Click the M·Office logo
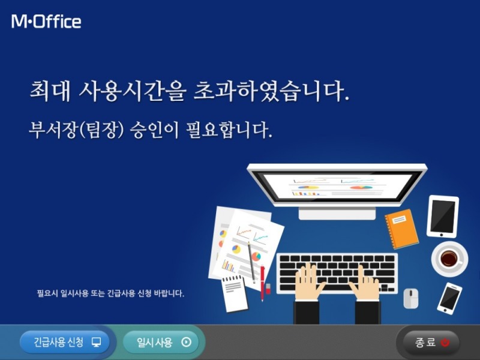[x=46, y=22]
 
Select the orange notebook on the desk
[x=401, y=228]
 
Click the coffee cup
[x=449, y=258]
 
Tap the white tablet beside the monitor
[x=443, y=216]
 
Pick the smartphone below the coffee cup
[x=449, y=298]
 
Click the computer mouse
[x=411, y=298]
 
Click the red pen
[x=262, y=282]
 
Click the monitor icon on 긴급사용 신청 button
[x=96, y=343]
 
